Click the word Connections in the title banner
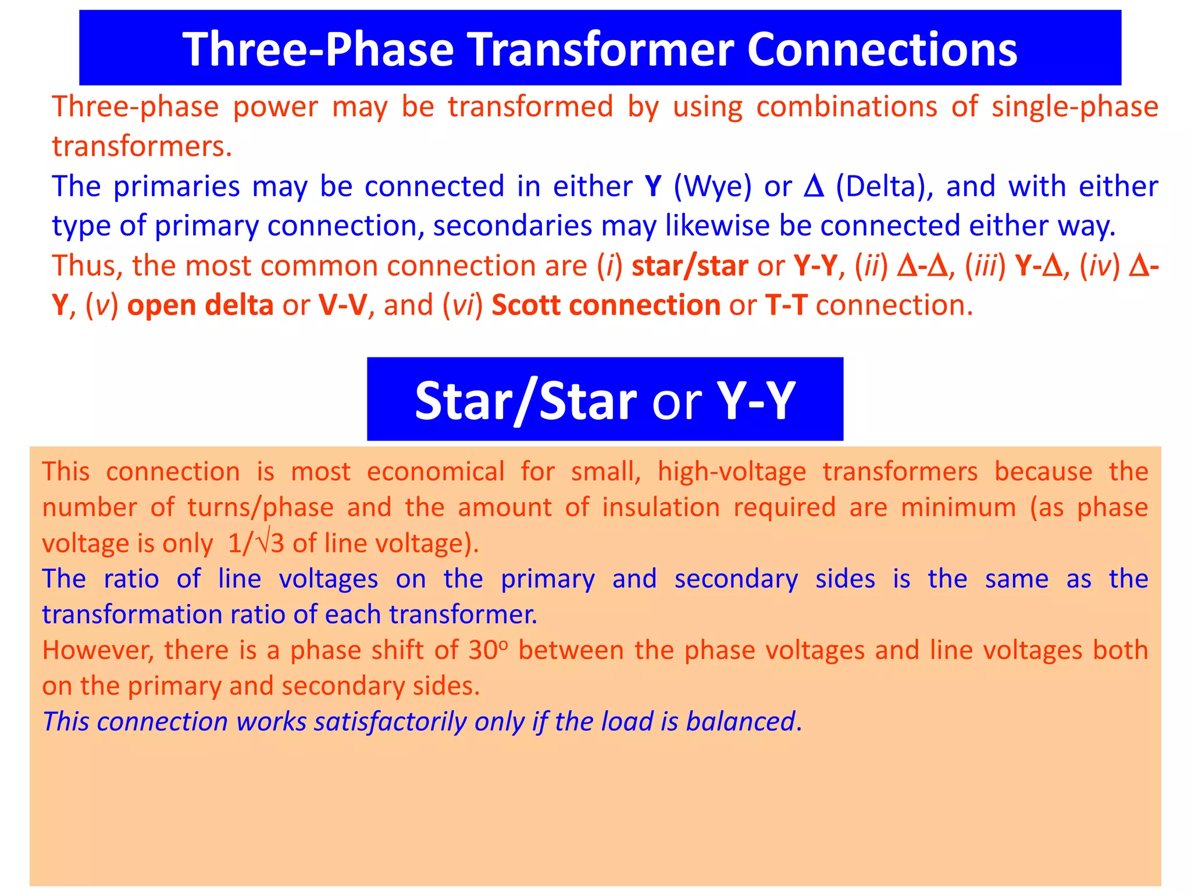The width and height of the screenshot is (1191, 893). coord(882,49)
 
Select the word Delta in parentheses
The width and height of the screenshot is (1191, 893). coord(884,187)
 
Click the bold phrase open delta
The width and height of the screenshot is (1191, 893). coord(200,305)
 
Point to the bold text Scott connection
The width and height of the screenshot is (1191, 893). coord(606,305)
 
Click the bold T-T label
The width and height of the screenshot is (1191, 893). coord(786,305)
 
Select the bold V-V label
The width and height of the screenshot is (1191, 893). coord(343,305)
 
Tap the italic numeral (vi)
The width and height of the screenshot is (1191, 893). coord(463,305)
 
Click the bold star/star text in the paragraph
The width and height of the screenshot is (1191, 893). coord(690,266)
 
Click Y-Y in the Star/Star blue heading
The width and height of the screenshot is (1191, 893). coord(755,401)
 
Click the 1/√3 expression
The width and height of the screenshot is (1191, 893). coord(256,544)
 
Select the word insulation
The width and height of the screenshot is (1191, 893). coord(661,508)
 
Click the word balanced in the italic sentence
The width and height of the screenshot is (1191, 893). coord(740,721)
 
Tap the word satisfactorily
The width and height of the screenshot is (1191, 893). coord(390,721)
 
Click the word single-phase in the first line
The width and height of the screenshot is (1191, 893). coord(1075,107)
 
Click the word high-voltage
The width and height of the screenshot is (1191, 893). coord(732,471)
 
